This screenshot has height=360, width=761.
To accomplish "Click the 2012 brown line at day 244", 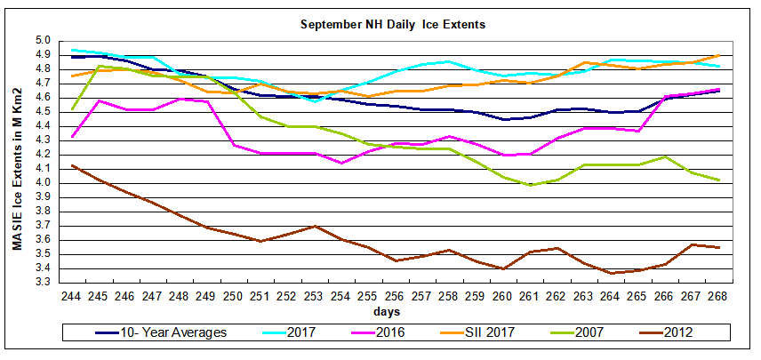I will point(72,165).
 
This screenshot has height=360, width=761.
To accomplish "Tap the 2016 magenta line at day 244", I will point(72,136).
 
